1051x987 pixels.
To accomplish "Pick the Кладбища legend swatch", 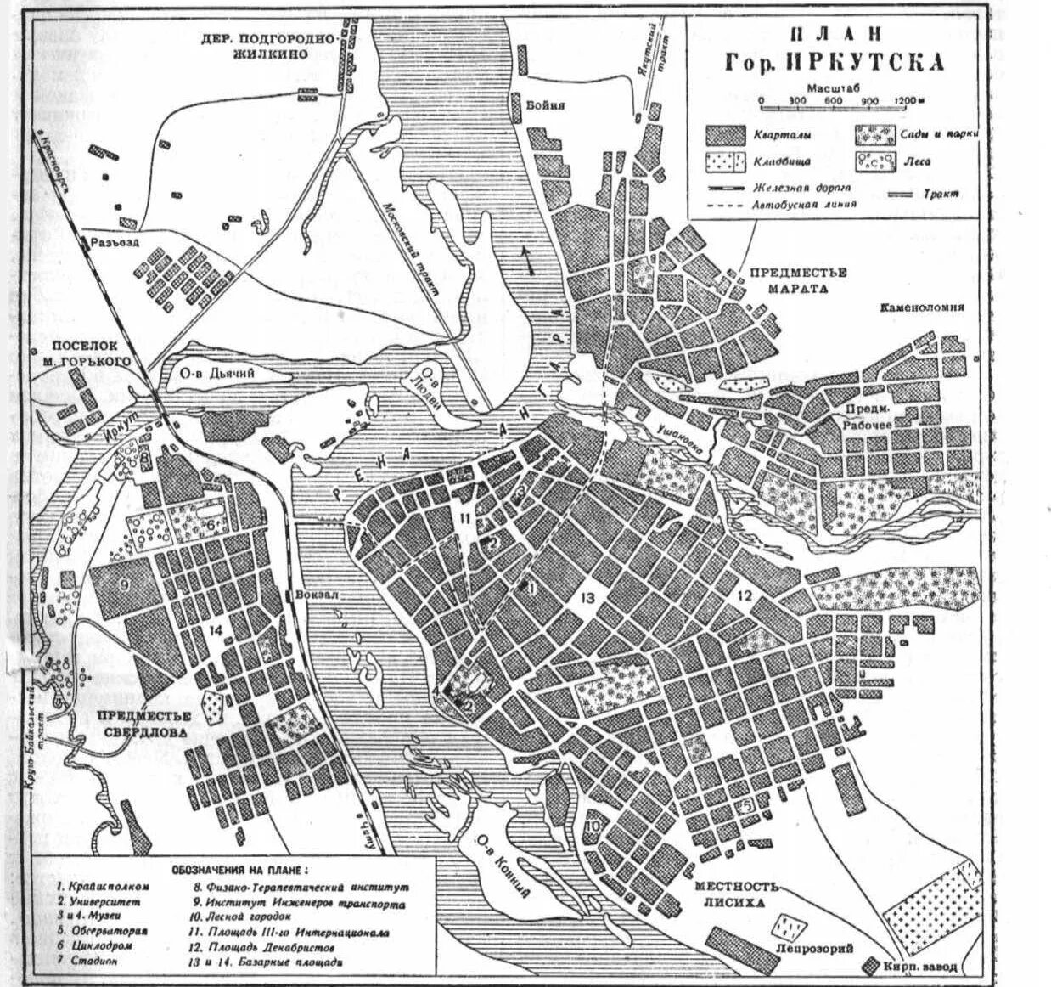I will [x=727, y=161].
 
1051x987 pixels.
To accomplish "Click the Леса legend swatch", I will [x=874, y=161].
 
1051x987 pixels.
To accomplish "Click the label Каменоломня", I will [x=921, y=307].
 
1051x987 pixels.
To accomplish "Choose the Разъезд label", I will [x=118, y=242].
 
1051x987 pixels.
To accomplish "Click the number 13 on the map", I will [x=587, y=599].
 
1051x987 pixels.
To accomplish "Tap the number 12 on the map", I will [x=745, y=595].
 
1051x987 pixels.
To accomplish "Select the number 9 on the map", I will [x=124, y=584].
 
